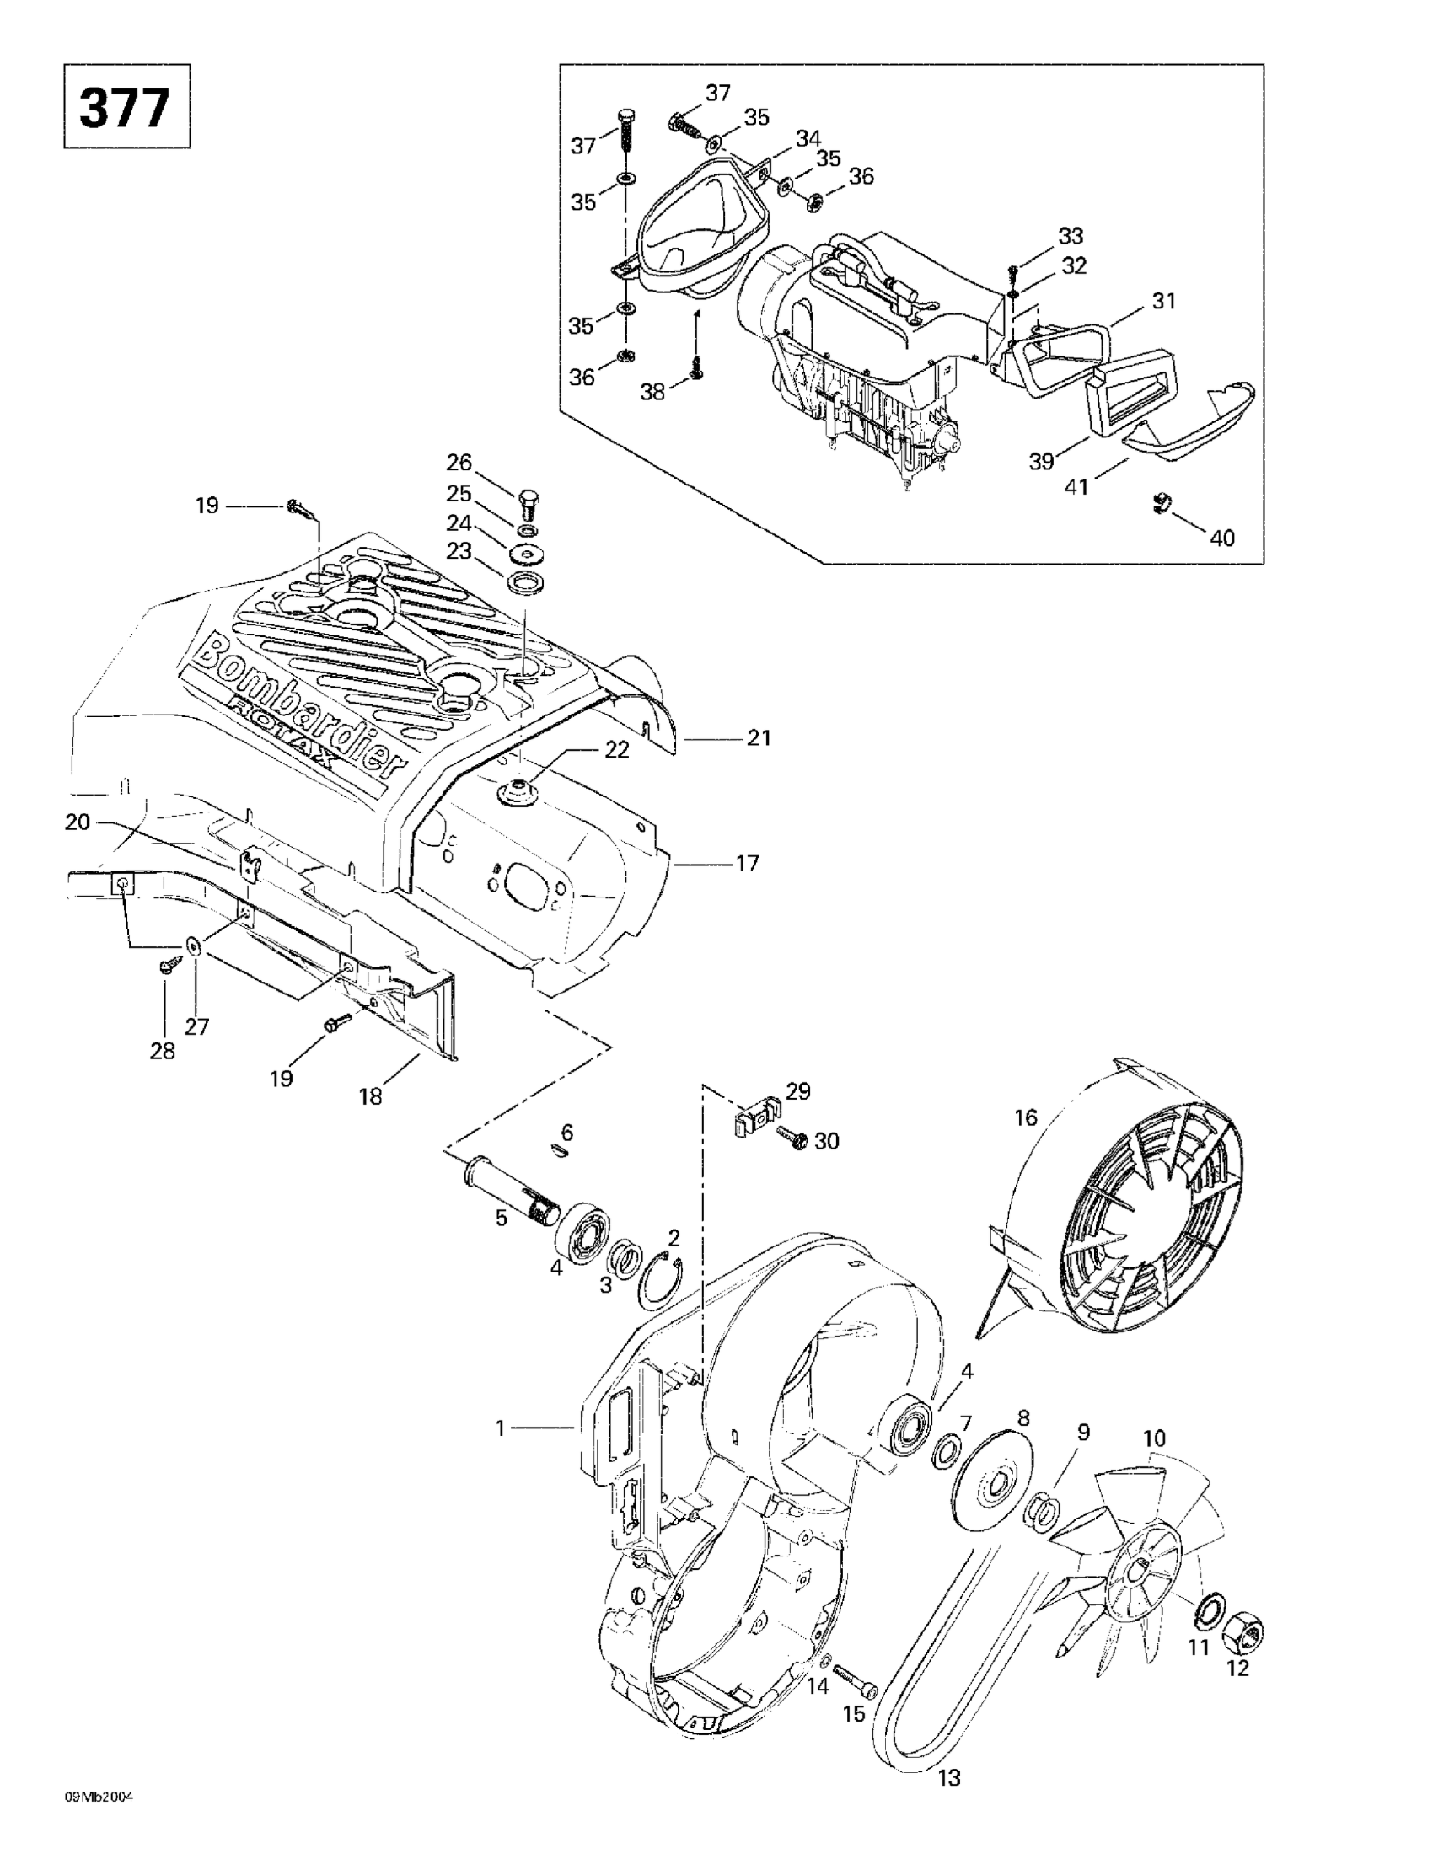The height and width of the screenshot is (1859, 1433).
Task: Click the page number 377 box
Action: [126, 106]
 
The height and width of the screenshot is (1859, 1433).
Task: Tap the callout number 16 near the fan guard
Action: [1026, 1116]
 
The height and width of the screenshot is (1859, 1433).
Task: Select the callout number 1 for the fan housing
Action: [501, 1428]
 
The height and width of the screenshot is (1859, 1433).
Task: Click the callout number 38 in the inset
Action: [653, 394]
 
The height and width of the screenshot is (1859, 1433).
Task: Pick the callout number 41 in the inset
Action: [1078, 488]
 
